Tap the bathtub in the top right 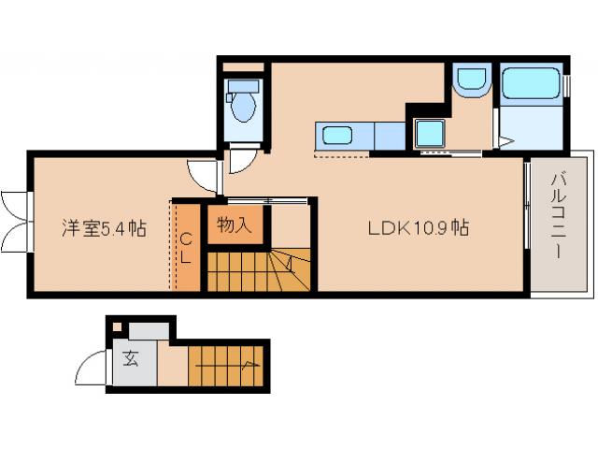[531, 84]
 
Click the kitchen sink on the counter [337, 135]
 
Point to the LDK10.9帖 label [417, 227]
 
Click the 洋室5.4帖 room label [103, 227]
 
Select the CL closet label [187, 245]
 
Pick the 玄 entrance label [130, 358]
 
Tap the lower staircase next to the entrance [228, 365]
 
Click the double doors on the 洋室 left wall [16, 221]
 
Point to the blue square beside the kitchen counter [429, 134]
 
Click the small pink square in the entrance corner [117, 327]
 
